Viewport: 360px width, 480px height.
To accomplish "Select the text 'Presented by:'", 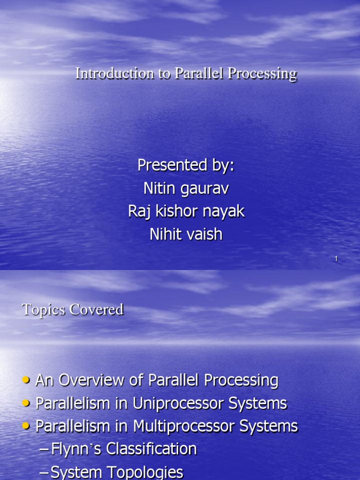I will tap(186, 165).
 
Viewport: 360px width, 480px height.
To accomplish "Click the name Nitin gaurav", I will tap(186, 188).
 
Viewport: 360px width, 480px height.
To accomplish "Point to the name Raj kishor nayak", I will tap(186, 211).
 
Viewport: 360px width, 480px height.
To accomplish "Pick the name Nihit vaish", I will tap(186, 234).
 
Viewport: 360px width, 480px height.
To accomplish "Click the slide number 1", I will tap(336, 259).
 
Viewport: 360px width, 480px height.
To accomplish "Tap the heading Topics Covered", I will tap(73, 309).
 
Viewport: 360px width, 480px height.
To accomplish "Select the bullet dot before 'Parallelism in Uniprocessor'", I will tap(26, 404).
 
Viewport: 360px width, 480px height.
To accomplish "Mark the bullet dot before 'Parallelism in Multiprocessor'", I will tap(26, 427).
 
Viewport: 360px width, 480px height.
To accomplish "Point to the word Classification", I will tap(151, 449).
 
